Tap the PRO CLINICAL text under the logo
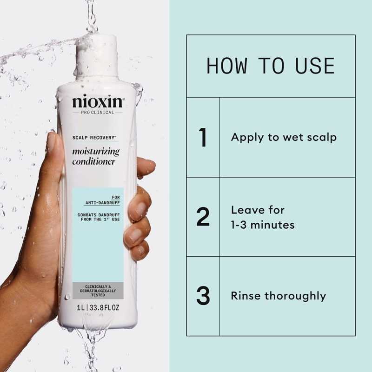pos(98,113)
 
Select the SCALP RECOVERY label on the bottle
pos(94,138)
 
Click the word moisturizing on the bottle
pos(96,152)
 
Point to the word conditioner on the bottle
pos(94,162)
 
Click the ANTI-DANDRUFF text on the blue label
pos(103,203)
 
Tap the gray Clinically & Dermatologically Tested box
pos(98,291)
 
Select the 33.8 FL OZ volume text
pos(104,308)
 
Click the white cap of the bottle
pos(97,57)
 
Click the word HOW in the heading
pos(226,66)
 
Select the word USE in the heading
pos(315,66)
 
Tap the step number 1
pos(203,137)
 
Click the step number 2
pos(203,217)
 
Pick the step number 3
pos(203,296)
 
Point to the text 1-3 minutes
pos(263,225)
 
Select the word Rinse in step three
pos(246,296)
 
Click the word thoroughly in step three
pos(295,297)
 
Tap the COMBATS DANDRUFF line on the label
pos(99,215)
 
